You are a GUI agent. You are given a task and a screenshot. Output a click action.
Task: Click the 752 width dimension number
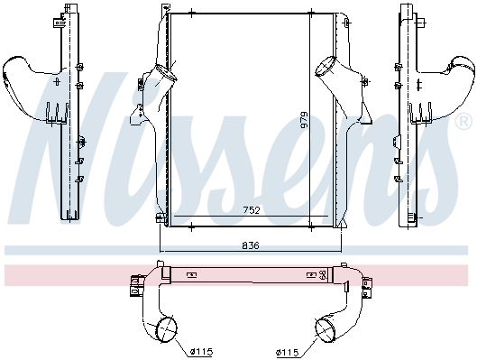[252, 210]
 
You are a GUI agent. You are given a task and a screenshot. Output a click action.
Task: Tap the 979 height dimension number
[304, 120]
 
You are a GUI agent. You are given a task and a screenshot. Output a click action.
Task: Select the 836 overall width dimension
[251, 245]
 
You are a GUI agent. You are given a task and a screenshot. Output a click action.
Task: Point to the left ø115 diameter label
[201, 352]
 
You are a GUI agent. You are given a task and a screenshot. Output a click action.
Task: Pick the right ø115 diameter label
[288, 353]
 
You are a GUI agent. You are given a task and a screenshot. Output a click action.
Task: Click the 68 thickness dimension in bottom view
[323, 275]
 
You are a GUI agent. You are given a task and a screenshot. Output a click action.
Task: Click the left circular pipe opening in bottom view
[166, 329]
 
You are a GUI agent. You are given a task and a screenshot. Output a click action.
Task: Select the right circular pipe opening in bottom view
[326, 329]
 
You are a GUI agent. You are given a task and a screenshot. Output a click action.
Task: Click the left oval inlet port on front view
[166, 73]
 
